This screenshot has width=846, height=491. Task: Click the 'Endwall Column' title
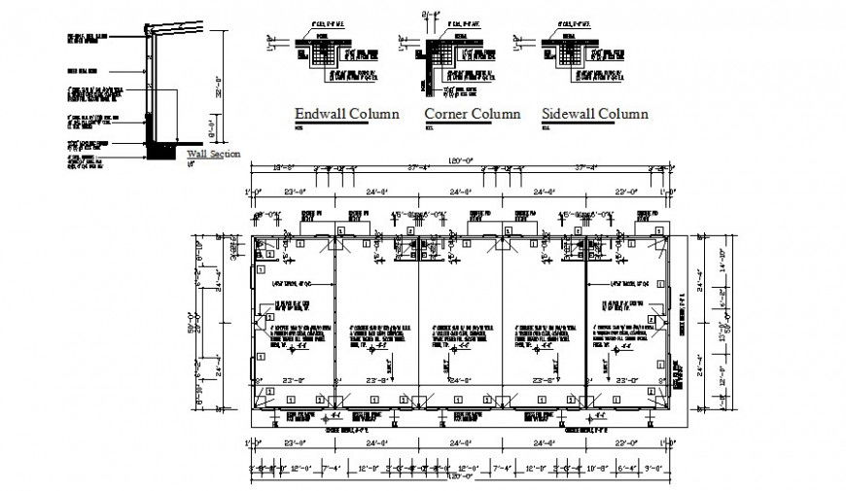(x=346, y=114)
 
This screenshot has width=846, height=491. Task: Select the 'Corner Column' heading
(x=472, y=114)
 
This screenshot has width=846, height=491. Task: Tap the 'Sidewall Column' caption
(x=595, y=114)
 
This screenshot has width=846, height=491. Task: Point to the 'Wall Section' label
(x=213, y=154)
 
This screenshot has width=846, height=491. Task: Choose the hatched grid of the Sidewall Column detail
(x=570, y=53)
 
